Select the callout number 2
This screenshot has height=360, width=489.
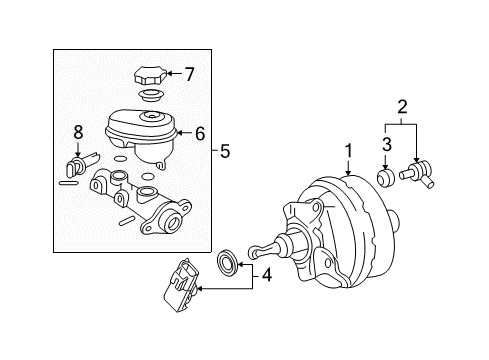tap(402, 106)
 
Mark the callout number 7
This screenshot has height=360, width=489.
tap(189, 72)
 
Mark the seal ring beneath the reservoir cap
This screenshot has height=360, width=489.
tap(150, 96)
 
